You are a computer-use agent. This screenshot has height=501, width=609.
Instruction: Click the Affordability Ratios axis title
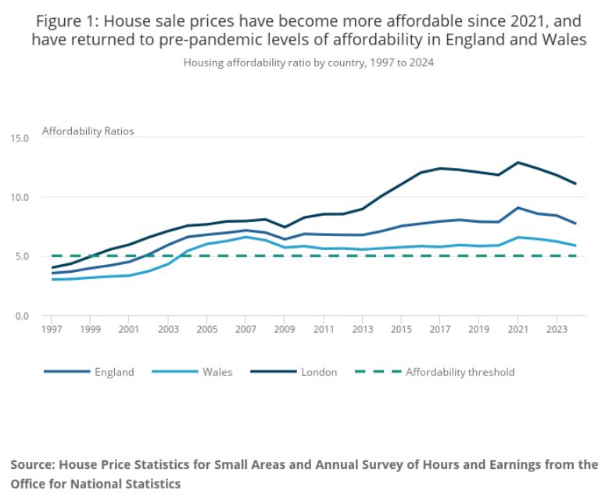tap(88, 131)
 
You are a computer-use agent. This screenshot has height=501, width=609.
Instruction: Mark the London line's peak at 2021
tap(518, 163)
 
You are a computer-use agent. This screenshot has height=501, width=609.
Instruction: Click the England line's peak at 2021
tap(518, 208)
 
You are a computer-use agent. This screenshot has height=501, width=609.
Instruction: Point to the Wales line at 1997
tap(52, 279)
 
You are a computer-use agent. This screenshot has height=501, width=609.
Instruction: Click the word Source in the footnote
tap(35, 464)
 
